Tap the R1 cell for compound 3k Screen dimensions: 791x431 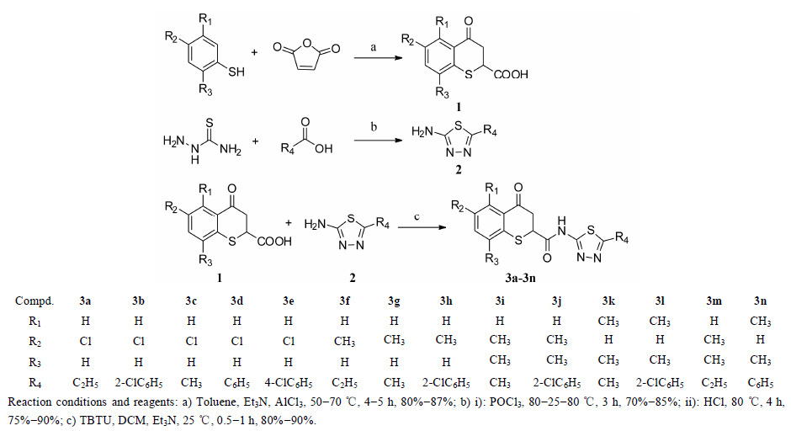[x=609, y=321]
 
